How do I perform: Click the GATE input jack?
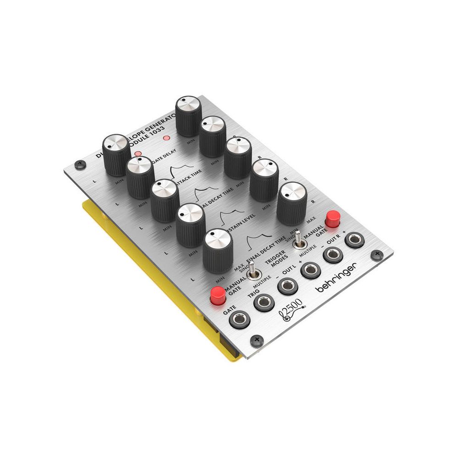coord(240,318)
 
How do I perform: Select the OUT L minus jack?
coord(287,286)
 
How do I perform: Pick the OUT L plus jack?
coord(310,270)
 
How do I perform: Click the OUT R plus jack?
coord(354,240)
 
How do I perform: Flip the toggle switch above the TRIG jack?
coord(252,273)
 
